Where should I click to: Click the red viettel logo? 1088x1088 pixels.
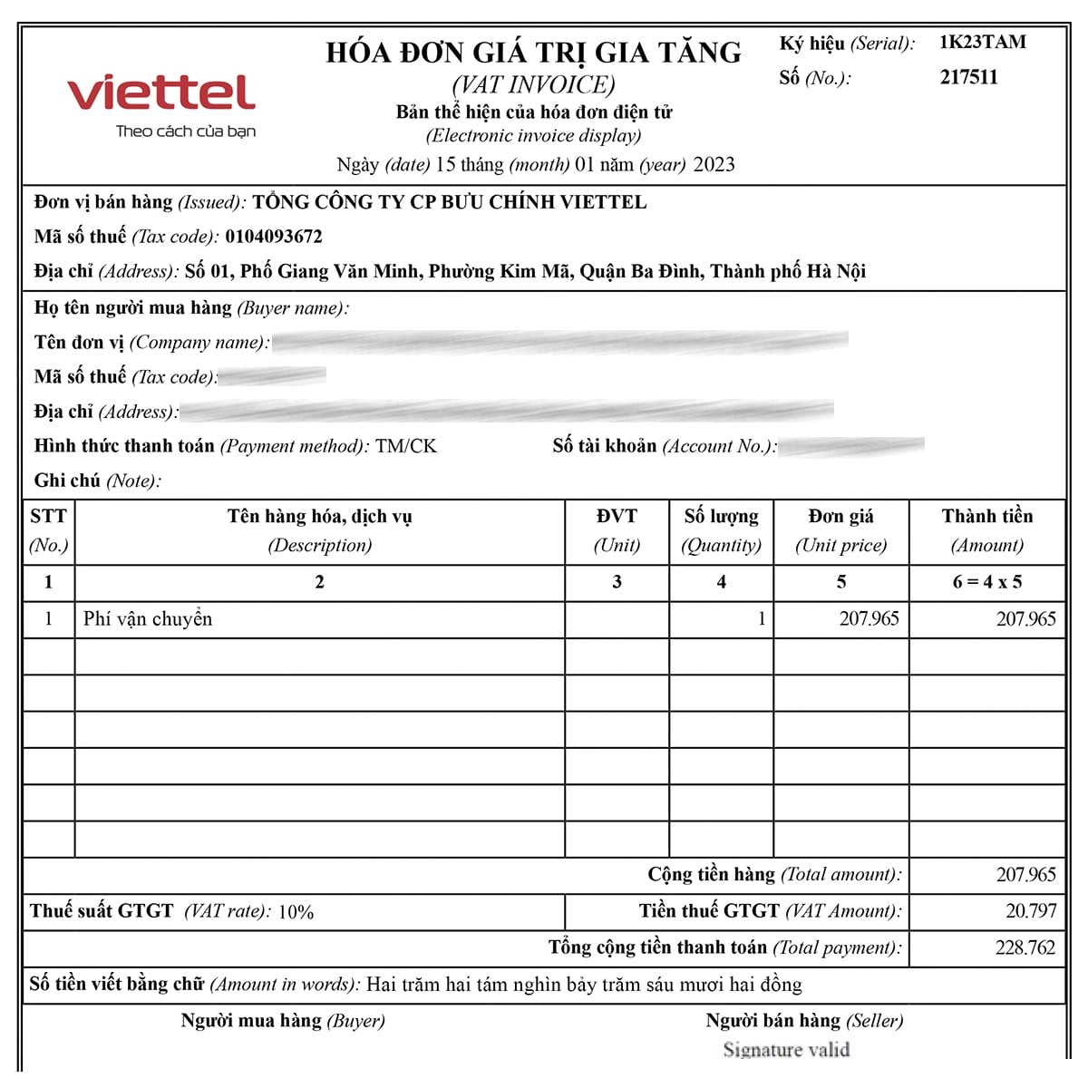click(x=161, y=92)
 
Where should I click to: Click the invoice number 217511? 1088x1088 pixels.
click(x=968, y=77)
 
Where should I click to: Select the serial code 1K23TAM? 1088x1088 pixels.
click(x=982, y=42)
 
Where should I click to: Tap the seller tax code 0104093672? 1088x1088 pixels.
click(x=274, y=237)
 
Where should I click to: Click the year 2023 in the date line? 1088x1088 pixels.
click(x=714, y=165)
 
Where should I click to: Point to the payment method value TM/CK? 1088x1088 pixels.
click(x=405, y=446)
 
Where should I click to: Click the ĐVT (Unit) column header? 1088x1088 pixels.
click(x=617, y=530)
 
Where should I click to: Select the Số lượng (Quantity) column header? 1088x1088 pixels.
click(x=721, y=530)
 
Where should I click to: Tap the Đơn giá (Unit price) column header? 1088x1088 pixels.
click(x=840, y=530)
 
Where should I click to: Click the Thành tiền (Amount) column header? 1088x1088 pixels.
click(x=986, y=530)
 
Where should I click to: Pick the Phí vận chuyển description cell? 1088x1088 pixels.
click(x=148, y=619)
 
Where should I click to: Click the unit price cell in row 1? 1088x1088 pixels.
click(x=869, y=619)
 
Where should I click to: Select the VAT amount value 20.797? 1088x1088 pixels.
click(x=1030, y=911)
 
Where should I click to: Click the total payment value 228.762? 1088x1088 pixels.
click(x=1025, y=948)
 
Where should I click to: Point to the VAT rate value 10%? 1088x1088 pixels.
click(x=296, y=912)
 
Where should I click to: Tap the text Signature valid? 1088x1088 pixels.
click(x=786, y=1050)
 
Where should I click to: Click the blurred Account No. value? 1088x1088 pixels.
click(x=850, y=446)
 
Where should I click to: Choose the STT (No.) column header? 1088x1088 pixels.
click(x=48, y=530)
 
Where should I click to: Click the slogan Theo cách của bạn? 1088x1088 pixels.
click(x=186, y=131)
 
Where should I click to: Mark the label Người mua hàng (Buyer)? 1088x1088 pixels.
click(x=283, y=1021)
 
